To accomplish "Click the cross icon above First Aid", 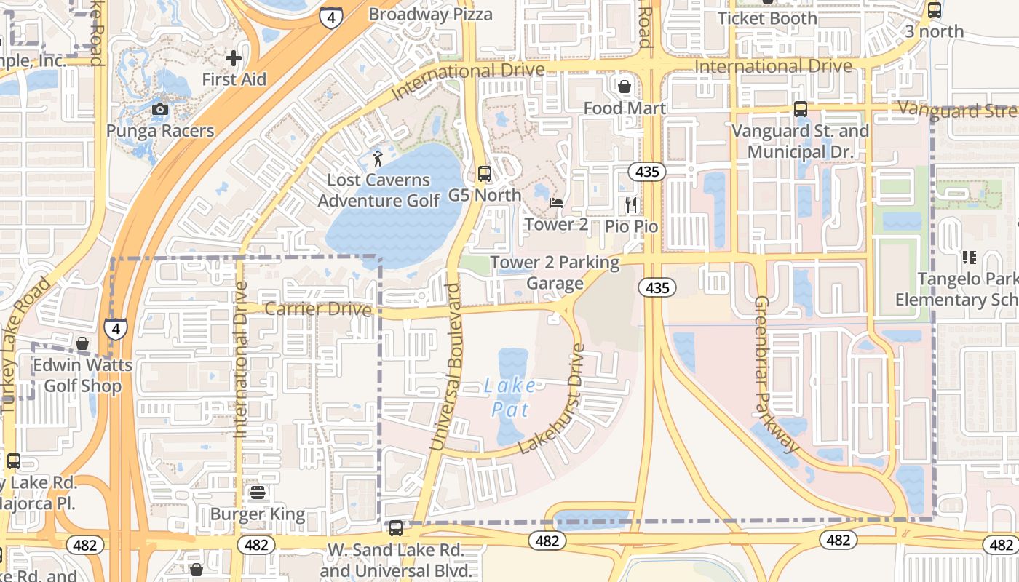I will [233, 57].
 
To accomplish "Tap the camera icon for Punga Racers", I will [160, 110].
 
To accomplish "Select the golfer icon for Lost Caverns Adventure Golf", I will [377, 158].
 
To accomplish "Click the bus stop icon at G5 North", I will [484, 174].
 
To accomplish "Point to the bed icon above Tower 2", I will [556, 203].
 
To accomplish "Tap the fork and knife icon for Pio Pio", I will [631, 205].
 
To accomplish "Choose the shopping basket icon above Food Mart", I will [624, 87].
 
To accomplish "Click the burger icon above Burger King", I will [257, 493].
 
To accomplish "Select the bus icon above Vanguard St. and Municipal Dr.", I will [801, 109].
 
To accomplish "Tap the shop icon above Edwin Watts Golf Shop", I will [82, 343].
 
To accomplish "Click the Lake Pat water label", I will [509, 397].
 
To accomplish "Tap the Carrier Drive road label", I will [318, 309].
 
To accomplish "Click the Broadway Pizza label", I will [430, 15].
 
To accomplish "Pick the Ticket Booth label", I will [767, 18].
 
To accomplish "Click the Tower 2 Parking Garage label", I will [555, 273].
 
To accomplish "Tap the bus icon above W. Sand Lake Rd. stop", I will [396, 528].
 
